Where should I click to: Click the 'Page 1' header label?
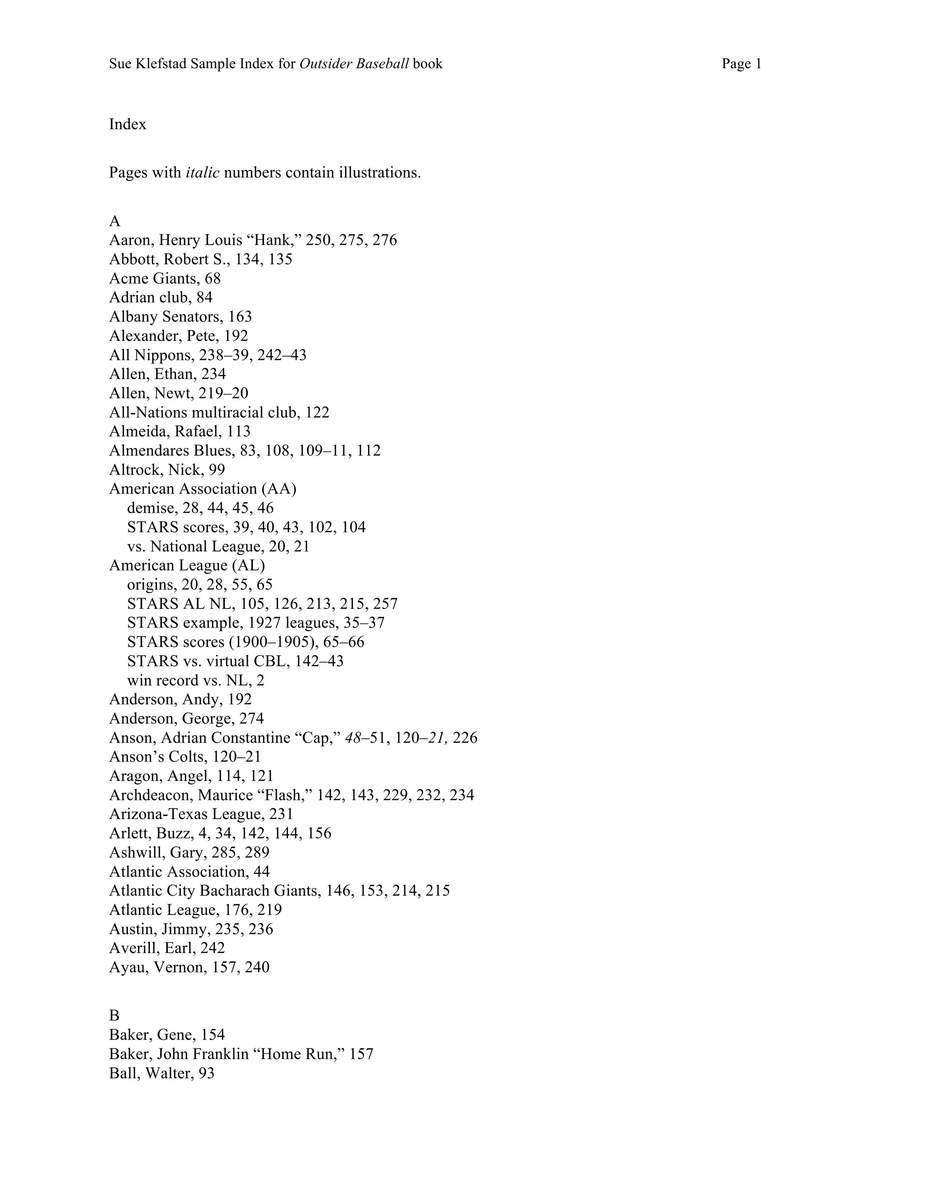click(x=741, y=64)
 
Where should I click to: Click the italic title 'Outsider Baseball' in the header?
click(x=354, y=64)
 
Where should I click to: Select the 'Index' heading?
click(x=127, y=124)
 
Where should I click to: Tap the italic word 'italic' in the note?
click(x=203, y=173)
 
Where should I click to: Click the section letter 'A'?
click(x=115, y=221)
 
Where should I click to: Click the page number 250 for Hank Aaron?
click(x=319, y=240)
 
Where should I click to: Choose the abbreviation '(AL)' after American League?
click(x=250, y=566)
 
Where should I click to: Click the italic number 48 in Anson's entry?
click(x=353, y=738)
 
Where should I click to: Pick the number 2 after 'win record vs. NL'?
click(x=260, y=680)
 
